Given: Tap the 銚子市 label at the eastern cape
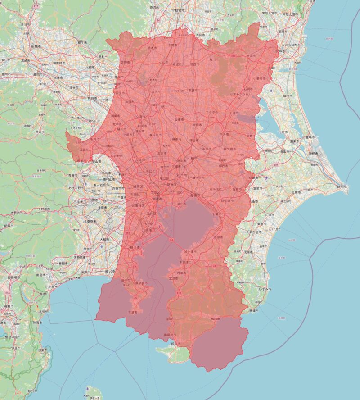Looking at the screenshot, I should (x=342, y=186).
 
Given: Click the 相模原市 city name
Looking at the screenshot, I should (x=79, y=222).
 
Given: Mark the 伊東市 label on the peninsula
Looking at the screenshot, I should (x=42, y=350).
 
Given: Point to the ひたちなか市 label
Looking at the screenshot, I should (x=295, y=45).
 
